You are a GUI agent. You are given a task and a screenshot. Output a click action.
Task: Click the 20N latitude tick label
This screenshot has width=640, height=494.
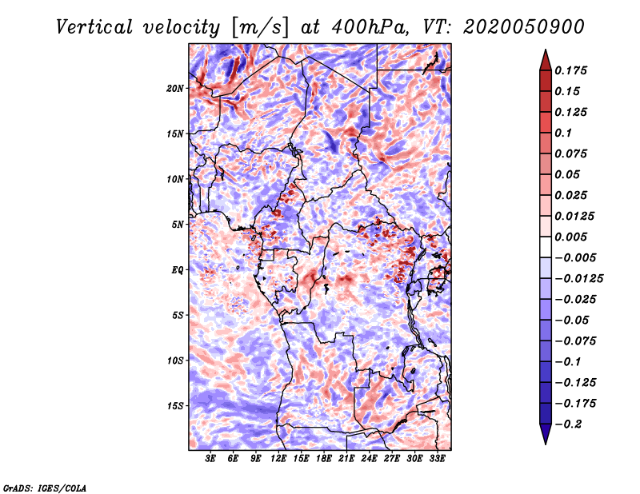(x=175, y=89)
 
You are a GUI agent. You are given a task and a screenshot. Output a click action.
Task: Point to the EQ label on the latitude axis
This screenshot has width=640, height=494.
(x=178, y=270)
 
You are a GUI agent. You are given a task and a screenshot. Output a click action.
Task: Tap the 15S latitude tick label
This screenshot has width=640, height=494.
(x=175, y=406)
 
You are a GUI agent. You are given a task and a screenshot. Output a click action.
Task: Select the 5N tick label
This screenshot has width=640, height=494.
(x=178, y=225)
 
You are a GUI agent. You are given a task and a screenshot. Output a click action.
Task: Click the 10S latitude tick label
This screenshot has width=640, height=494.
(x=175, y=361)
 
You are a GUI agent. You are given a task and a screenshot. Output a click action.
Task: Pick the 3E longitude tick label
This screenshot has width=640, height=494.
(x=210, y=459)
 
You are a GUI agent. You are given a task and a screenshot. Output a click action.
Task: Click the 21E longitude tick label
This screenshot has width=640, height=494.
(x=346, y=459)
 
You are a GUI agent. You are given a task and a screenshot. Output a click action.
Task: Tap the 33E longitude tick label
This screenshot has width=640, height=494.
(x=437, y=459)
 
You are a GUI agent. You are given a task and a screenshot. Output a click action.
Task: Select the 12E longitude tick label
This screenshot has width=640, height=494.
(x=278, y=459)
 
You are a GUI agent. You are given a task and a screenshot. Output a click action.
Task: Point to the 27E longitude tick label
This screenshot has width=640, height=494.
(x=392, y=459)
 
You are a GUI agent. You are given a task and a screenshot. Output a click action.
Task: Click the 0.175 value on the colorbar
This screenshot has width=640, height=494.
(x=570, y=70)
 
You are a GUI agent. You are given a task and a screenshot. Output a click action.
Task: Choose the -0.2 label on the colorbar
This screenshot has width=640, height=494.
(x=568, y=424)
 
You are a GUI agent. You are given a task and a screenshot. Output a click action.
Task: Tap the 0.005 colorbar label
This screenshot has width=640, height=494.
(x=570, y=237)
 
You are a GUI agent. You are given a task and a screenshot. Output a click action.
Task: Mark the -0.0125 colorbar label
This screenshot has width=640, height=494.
(x=578, y=279)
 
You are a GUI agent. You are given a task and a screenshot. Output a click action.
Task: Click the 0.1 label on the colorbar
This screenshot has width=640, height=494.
(x=563, y=133)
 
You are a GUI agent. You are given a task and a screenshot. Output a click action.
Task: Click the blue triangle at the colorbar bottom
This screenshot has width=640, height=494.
(x=546, y=432)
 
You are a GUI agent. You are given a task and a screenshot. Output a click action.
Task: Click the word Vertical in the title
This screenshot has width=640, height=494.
(x=94, y=27)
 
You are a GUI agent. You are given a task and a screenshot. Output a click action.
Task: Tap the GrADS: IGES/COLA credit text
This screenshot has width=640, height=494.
(x=45, y=488)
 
